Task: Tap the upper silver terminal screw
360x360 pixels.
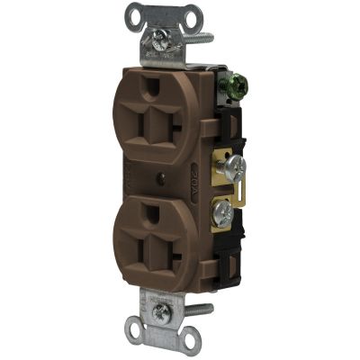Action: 235,166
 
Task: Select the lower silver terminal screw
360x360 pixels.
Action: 221,216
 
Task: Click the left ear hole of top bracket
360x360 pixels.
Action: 134,14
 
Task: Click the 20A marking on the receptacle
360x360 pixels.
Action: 199,171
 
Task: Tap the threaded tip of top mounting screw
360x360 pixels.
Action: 202,39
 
